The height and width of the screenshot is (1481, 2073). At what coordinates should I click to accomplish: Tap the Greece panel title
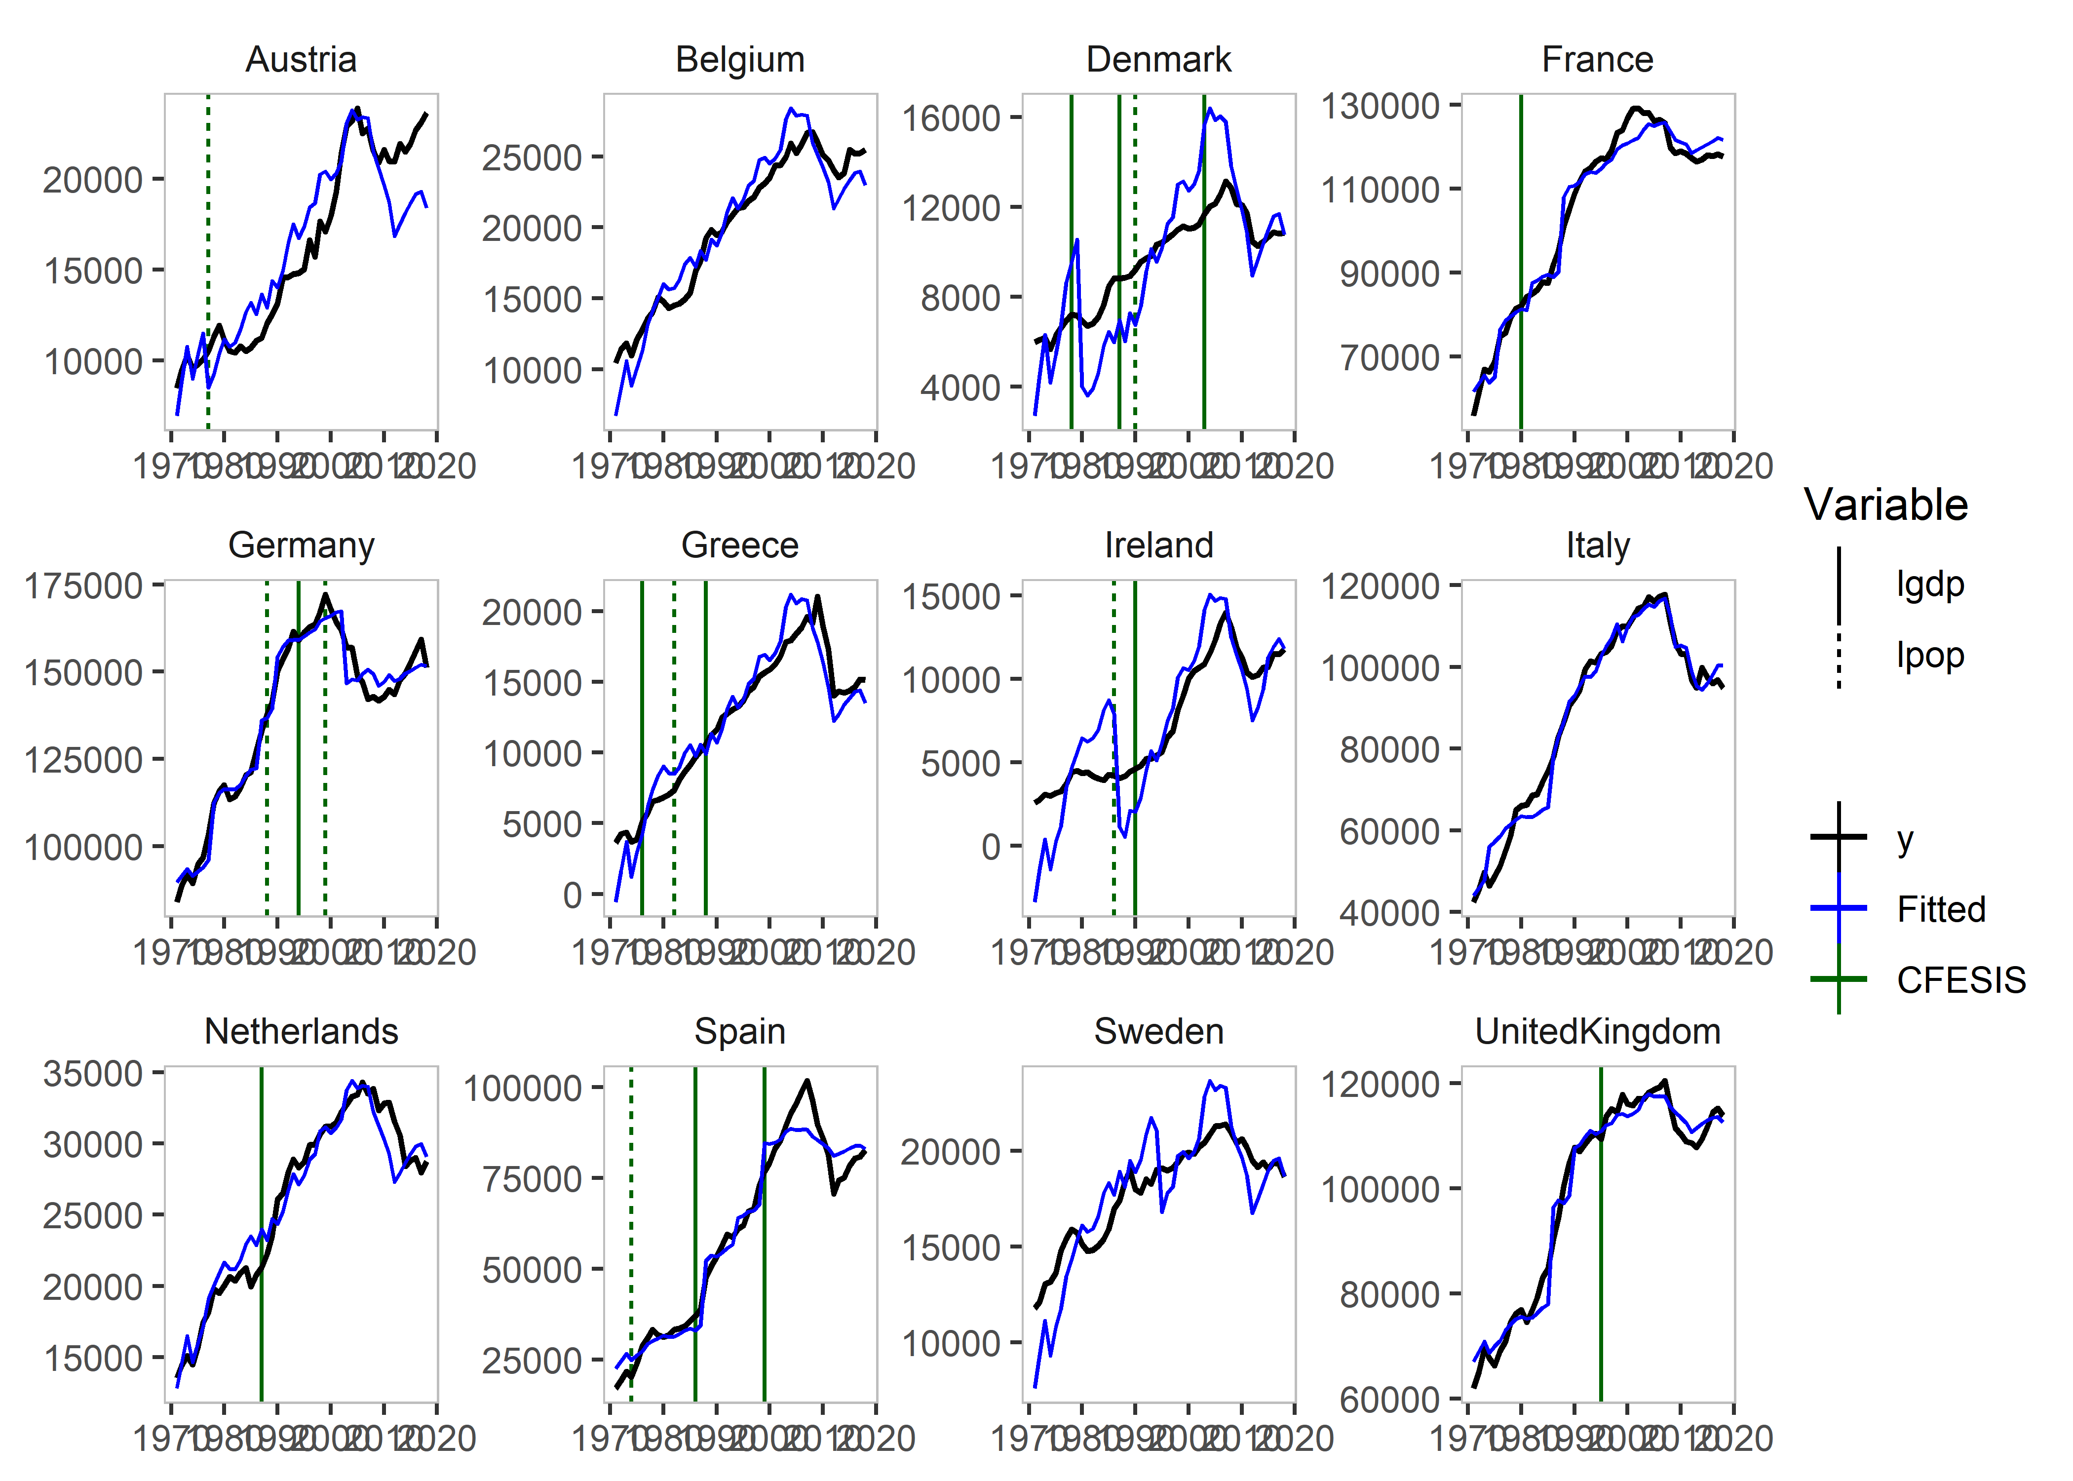[x=739, y=546]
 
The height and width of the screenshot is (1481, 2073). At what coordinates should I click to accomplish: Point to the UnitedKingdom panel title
[x=1597, y=1031]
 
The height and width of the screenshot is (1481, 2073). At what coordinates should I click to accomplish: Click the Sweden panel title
[x=1158, y=1031]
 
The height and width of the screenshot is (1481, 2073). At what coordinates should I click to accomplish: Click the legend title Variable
[x=1885, y=505]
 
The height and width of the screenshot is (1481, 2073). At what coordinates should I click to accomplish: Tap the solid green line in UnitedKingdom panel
[x=1601, y=1277]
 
